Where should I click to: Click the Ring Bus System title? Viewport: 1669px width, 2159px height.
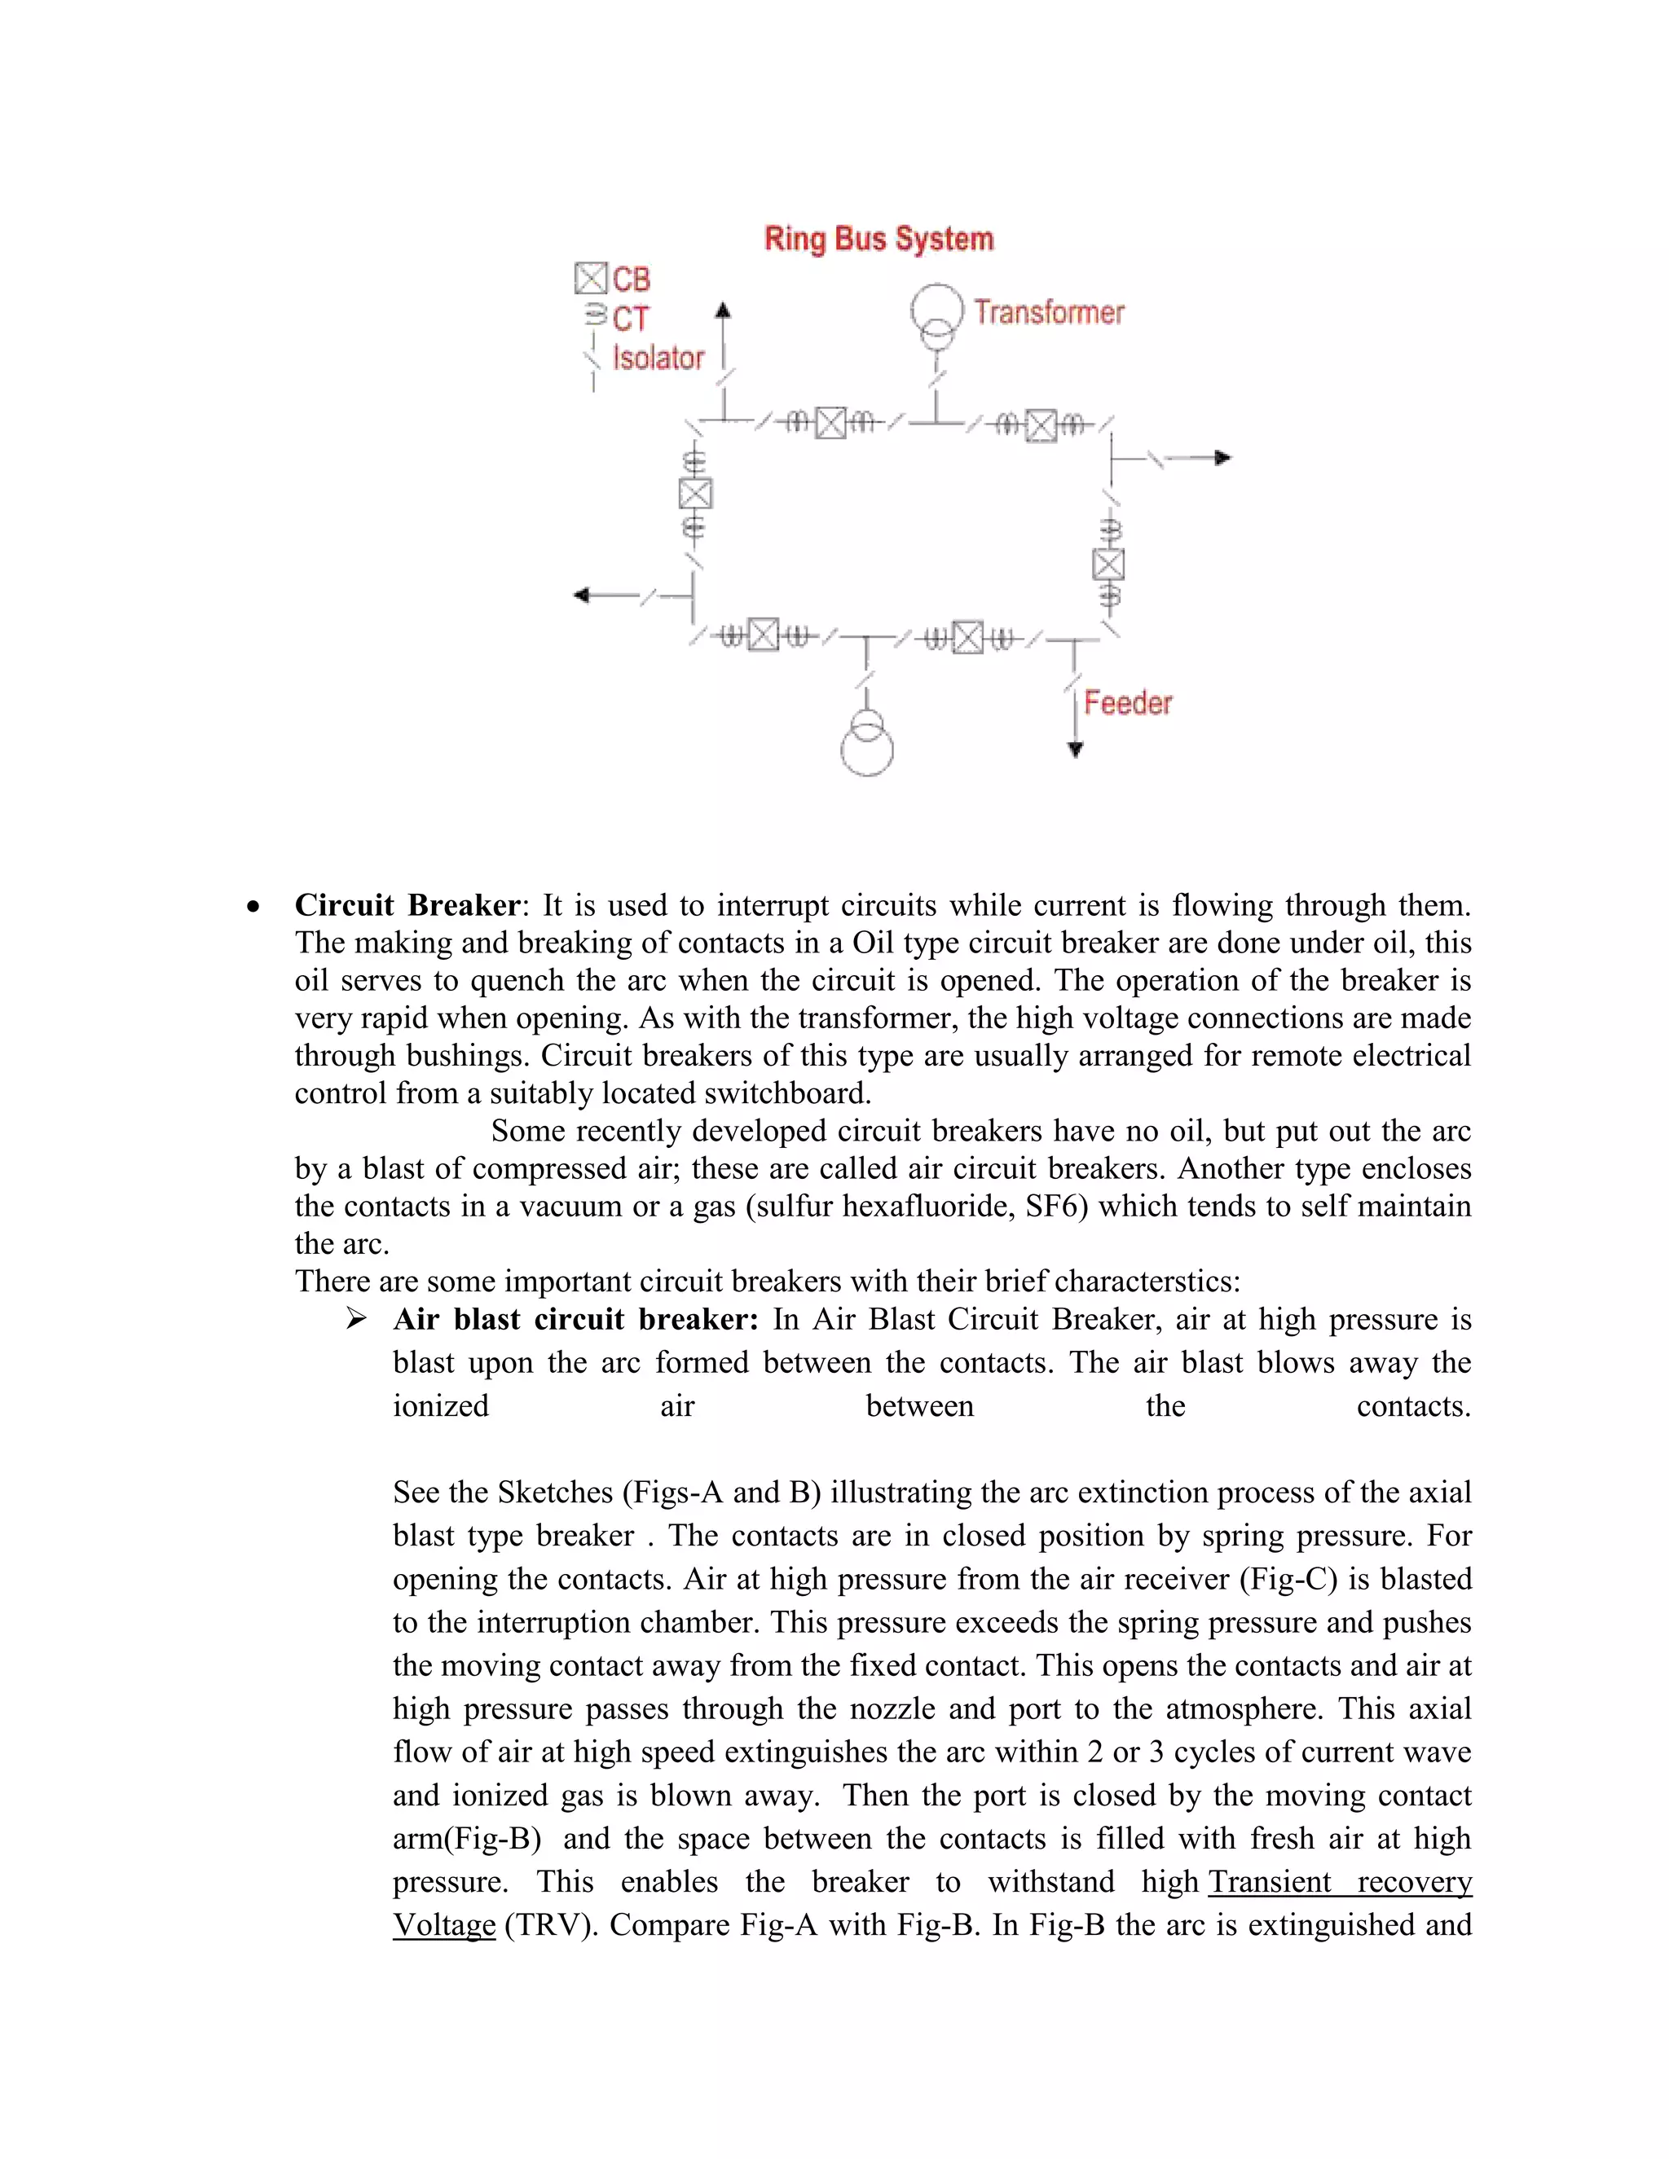pyautogui.click(x=878, y=240)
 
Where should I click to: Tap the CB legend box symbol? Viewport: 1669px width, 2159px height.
pyautogui.click(x=590, y=279)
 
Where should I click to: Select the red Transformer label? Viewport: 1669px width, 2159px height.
pyautogui.click(x=1048, y=312)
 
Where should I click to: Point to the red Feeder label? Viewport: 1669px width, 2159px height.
pyautogui.click(x=1127, y=703)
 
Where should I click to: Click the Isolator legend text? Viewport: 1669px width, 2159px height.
pyautogui.click(x=658, y=358)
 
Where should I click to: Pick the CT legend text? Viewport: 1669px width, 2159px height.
pyautogui.click(x=631, y=319)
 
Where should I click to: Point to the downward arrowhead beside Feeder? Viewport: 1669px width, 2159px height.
pyautogui.click(x=1076, y=750)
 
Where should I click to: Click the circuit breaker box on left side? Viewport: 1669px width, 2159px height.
pyautogui.click(x=695, y=493)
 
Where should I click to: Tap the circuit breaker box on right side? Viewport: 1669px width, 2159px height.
pyautogui.click(x=1108, y=565)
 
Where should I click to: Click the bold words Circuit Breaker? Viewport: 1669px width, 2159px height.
pyautogui.click(x=407, y=905)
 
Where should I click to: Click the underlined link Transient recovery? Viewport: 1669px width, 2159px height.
pyautogui.click(x=1339, y=1881)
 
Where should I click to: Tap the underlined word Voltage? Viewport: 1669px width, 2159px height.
pyautogui.click(x=444, y=1924)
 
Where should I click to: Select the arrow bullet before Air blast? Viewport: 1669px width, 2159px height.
pyautogui.click(x=356, y=1320)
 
